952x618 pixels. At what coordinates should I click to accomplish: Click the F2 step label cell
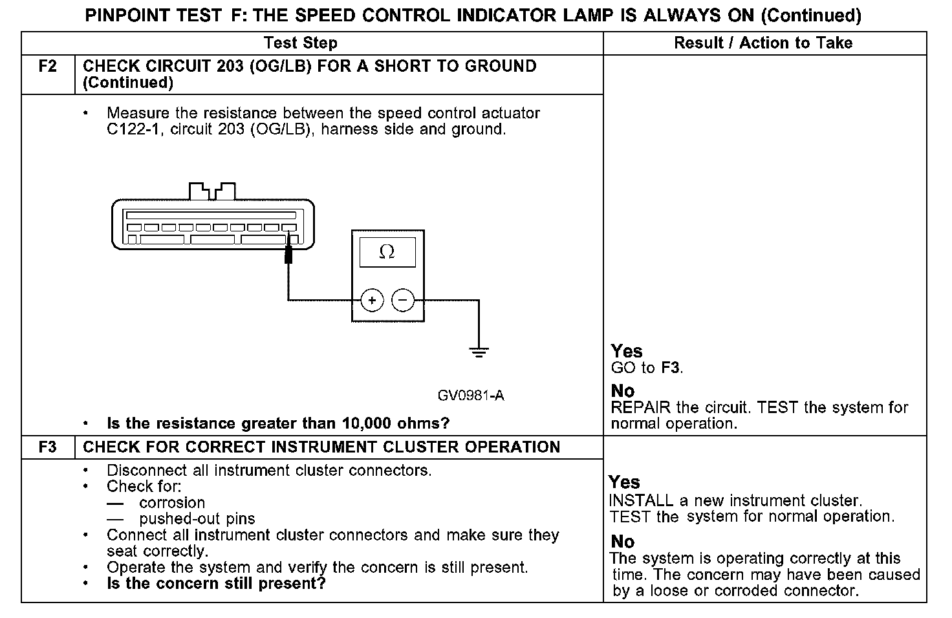[x=48, y=67]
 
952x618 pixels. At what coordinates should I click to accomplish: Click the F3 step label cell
[x=48, y=447]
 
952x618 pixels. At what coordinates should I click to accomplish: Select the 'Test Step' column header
[x=301, y=43]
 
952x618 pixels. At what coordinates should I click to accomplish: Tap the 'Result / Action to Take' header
[x=763, y=43]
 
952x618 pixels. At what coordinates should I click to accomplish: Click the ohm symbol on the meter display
[x=387, y=252]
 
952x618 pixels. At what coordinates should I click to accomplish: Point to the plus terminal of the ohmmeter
[x=372, y=300]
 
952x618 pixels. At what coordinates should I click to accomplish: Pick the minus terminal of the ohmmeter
[x=403, y=300]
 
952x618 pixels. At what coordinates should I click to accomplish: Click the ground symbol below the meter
[x=479, y=352]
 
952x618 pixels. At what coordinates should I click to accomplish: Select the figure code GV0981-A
[x=470, y=396]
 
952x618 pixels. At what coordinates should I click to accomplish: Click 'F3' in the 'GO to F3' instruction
[x=671, y=368]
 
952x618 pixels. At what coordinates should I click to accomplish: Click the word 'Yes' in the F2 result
[x=627, y=351]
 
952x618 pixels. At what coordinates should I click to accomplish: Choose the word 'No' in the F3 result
[x=622, y=542]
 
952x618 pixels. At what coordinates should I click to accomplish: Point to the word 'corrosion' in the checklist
[x=172, y=503]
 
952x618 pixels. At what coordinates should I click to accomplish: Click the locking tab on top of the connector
[x=211, y=191]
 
